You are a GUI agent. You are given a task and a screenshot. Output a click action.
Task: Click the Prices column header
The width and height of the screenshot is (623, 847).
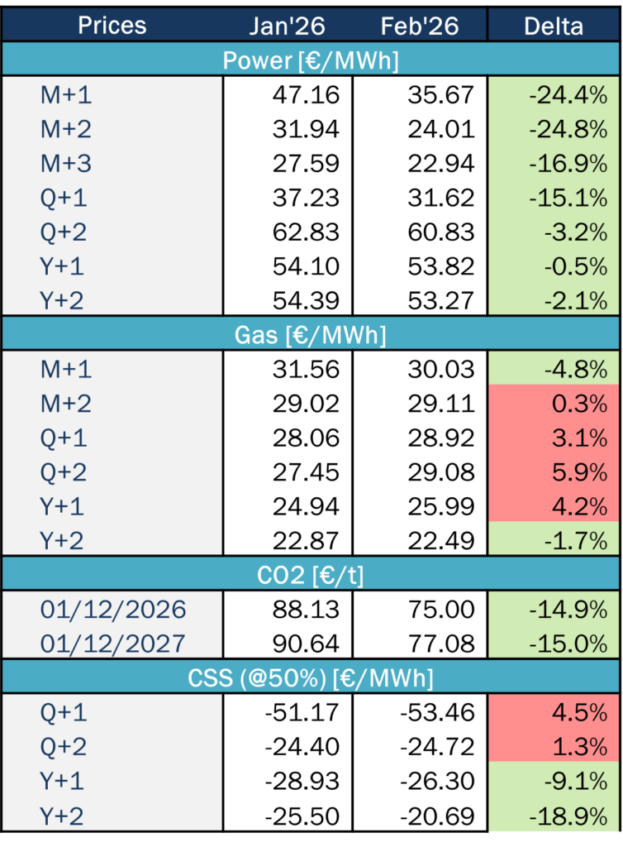(112, 25)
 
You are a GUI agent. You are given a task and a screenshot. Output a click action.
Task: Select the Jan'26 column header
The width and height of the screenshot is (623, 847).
(288, 25)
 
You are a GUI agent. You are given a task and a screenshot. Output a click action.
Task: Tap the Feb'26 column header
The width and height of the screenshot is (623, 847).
(420, 25)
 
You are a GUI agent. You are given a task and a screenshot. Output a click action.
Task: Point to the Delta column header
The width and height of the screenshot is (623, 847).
(554, 25)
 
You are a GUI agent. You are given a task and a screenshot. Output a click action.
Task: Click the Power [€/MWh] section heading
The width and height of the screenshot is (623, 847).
(311, 60)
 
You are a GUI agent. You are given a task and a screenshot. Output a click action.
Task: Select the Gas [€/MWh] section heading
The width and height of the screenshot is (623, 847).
(311, 335)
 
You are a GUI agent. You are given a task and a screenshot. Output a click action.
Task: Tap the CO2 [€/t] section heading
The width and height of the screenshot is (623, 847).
(311, 576)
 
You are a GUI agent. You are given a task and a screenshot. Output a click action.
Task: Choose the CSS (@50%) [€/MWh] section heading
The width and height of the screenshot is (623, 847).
(311, 678)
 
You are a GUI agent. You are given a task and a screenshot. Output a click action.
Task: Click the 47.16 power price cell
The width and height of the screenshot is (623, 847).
(306, 94)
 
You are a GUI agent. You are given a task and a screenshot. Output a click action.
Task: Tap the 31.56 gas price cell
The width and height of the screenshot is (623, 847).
(306, 370)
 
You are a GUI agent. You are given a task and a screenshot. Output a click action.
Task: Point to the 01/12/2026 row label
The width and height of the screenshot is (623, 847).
(113, 610)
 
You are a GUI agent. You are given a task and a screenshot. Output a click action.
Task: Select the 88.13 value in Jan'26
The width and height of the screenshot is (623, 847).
(306, 610)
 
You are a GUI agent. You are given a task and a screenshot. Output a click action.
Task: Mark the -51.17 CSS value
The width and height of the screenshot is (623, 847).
(302, 712)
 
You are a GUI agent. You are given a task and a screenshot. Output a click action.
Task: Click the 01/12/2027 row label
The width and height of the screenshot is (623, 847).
(113, 644)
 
